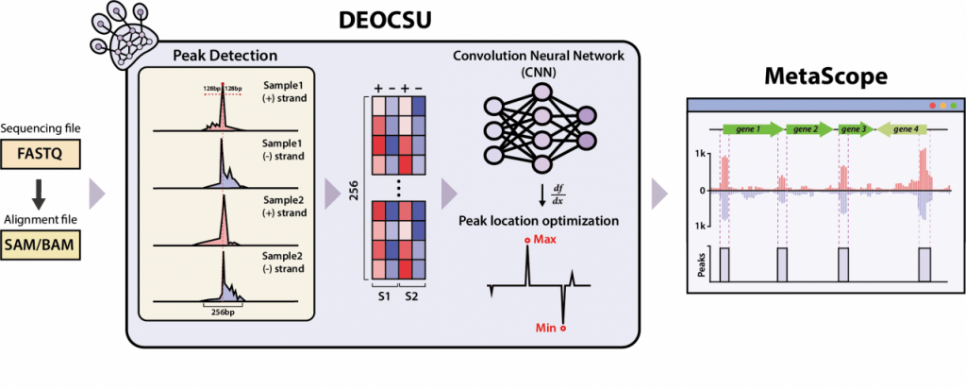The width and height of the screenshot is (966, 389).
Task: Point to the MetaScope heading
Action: coord(824,74)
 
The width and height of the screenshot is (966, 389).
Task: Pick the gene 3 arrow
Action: coord(854,127)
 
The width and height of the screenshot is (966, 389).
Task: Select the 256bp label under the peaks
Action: coord(223,309)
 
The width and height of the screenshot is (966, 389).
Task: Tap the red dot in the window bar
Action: coord(933,105)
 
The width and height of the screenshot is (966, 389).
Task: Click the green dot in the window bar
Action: coord(955,105)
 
